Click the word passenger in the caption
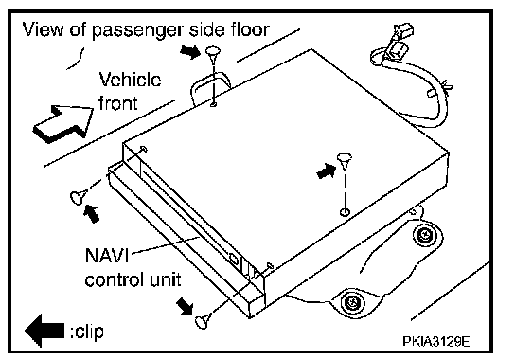137,31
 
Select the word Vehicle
130,80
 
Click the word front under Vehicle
118,102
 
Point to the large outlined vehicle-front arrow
63,123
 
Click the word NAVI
107,255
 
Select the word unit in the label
166,279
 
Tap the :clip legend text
87,331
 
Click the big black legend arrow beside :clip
44,330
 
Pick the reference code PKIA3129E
436,341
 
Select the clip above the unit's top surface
345,161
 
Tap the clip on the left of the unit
79,196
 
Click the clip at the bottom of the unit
203,320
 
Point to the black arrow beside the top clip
190,51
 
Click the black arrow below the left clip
92,213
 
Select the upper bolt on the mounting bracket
424,235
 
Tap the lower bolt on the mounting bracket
352,301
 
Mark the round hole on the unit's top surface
345,211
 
